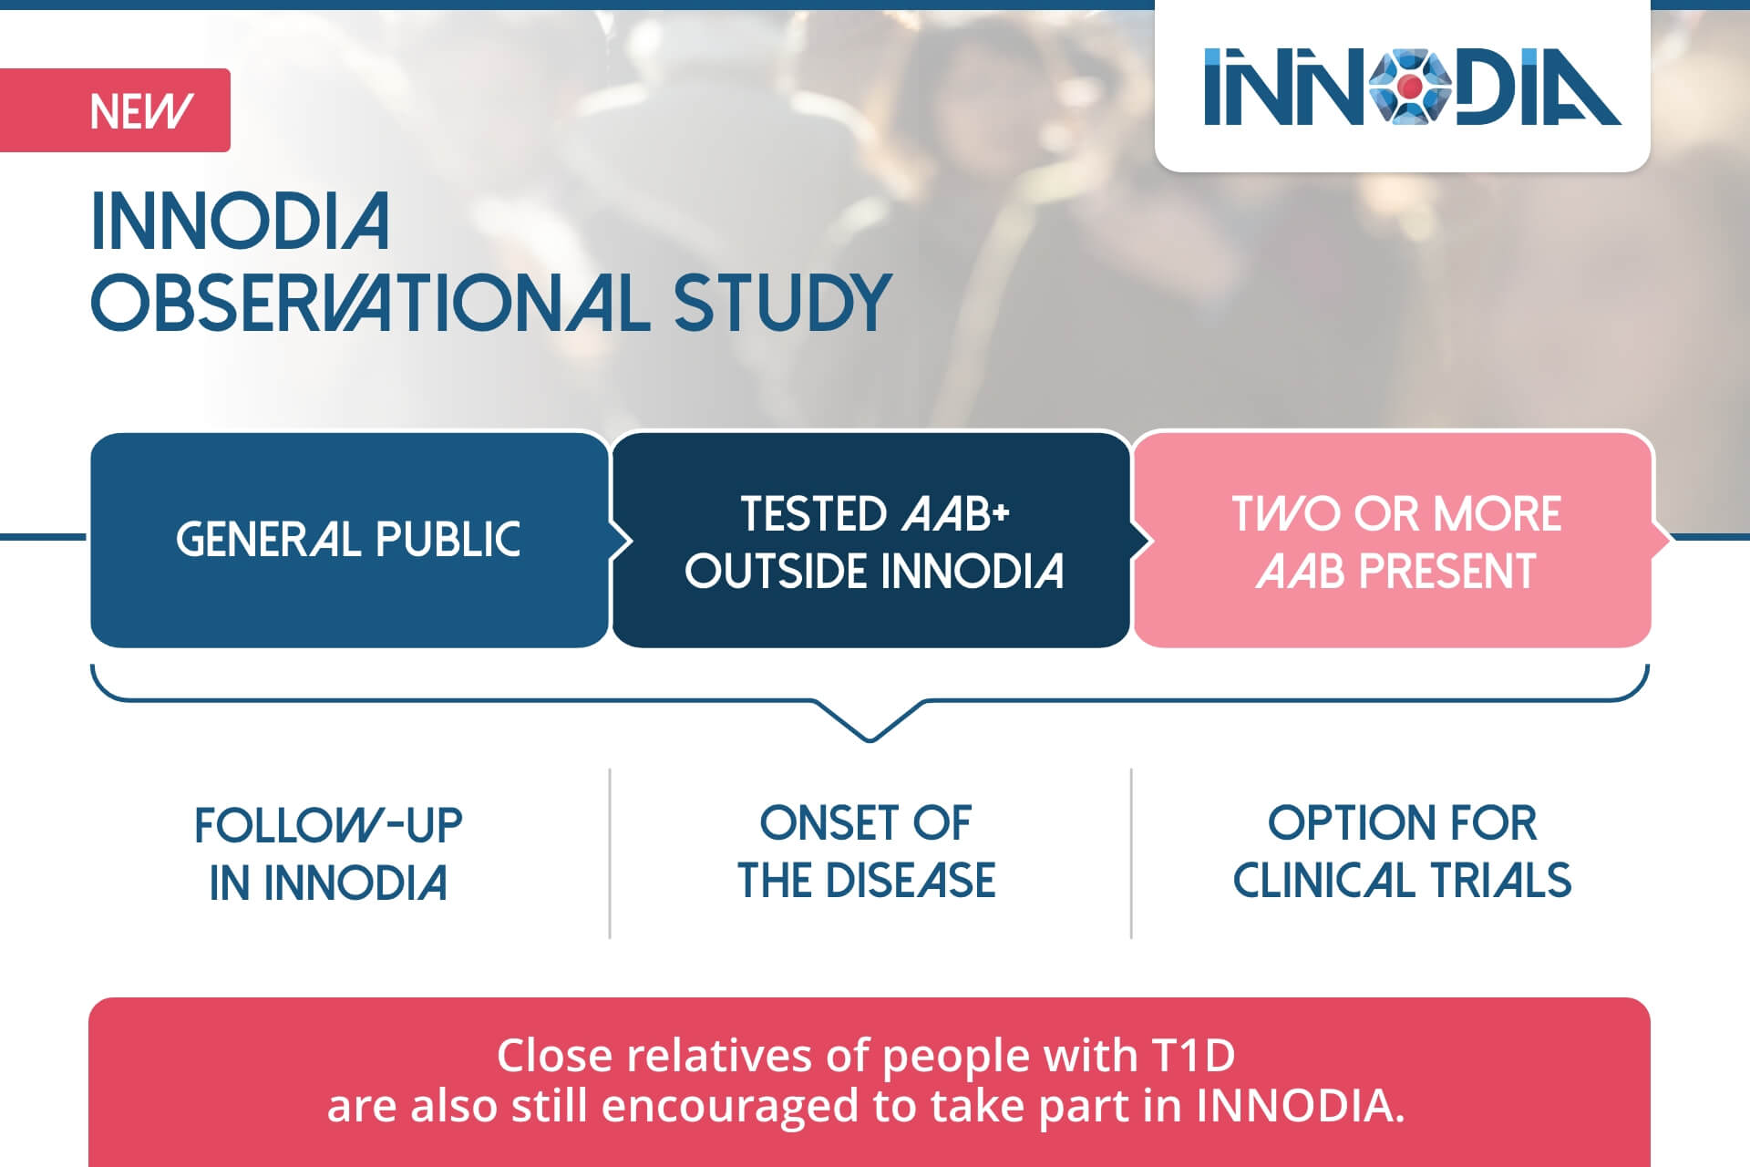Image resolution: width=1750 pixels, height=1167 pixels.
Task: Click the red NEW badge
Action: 115,110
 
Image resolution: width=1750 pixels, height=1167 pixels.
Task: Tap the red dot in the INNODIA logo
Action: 1411,87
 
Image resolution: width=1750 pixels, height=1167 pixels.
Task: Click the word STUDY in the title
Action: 781,303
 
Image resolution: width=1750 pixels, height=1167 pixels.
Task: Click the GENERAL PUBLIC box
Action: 349,540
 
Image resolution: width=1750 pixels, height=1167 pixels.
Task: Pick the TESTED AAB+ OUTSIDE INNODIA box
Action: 871,540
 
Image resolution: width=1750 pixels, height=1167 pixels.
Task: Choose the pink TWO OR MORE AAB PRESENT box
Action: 1393,540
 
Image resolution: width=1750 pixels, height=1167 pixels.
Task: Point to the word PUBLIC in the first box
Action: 448,540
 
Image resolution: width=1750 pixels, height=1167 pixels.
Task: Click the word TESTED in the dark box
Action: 813,513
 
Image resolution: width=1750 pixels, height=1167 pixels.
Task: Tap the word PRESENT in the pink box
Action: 1446,572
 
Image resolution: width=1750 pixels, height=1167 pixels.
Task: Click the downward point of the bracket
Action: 870,739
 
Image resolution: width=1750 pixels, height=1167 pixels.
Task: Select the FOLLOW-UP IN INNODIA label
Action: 328,853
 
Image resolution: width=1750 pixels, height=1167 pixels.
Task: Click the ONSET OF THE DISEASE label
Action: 866,852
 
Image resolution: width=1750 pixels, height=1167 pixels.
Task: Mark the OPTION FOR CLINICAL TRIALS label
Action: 1402,852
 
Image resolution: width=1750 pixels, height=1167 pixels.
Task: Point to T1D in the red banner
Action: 1193,1056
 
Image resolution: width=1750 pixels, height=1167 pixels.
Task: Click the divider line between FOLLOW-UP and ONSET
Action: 610,853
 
